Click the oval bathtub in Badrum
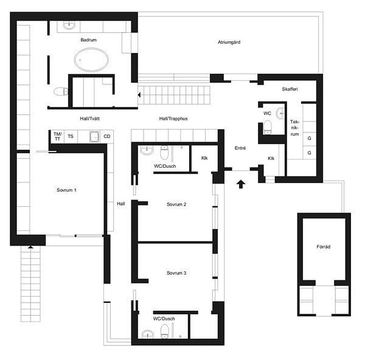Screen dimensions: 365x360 91,60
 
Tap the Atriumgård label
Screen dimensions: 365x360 229,42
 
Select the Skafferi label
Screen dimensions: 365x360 290,89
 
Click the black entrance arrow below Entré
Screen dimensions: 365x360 241,184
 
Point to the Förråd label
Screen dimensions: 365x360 324,247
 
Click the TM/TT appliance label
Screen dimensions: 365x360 58,136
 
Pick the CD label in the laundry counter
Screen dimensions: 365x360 107,136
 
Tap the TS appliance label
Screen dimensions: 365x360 71,136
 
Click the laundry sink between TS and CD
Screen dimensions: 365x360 94,137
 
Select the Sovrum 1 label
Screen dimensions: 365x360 66,190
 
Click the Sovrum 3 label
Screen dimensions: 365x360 176,272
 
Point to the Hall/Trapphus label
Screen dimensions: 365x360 173,119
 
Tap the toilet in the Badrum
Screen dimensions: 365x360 61,91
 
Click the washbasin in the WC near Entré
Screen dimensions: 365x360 280,113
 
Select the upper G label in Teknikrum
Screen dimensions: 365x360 309,138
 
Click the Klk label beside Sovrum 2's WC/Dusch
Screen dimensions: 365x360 204,158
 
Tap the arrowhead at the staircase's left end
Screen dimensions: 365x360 139,95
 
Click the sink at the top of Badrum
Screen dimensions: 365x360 69,25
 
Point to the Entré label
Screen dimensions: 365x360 240,148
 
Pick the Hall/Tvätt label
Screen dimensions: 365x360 89,119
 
